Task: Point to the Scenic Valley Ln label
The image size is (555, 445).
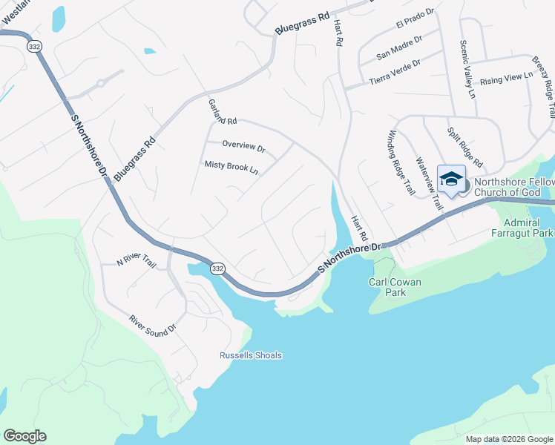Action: click(467, 69)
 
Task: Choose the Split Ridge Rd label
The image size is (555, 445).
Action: click(465, 147)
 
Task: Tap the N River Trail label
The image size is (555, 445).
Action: click(137, 263)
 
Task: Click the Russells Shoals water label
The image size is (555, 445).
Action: click(251, 355)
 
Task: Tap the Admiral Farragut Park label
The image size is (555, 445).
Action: click(528, 228)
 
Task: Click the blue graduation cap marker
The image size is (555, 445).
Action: click(451, 180)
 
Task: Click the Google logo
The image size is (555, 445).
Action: click(24, 436)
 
